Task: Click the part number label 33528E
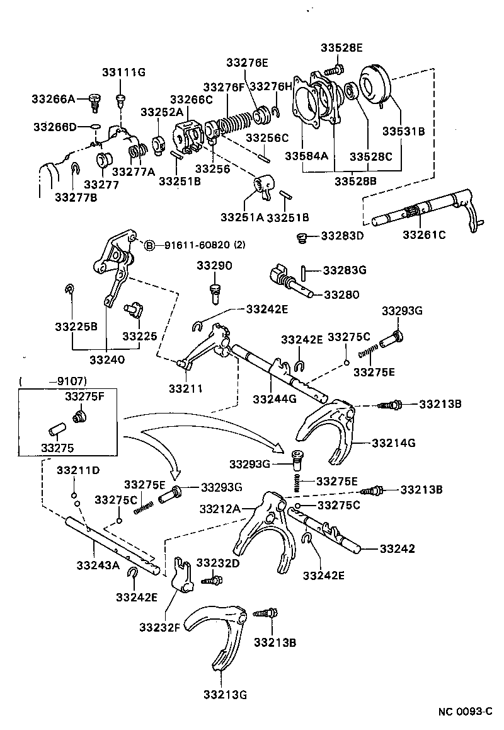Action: point(341,47)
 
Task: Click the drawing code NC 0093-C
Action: point(465,711)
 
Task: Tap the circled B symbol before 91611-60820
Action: point(149,245)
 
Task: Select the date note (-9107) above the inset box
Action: point(53,381)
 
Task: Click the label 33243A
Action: point(98,565)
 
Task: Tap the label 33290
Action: point(214,265)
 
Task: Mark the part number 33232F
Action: point(161,627)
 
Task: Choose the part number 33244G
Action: point(273,398)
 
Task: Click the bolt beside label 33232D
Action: point(210,577)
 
